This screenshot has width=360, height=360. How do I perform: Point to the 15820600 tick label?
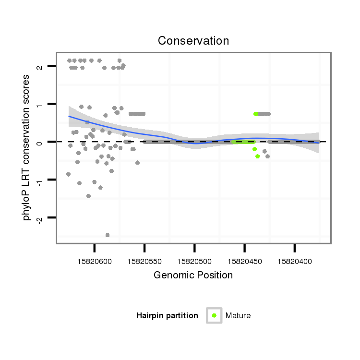click(x=95, y=262)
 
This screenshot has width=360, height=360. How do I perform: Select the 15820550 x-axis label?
click(x=144, y=262)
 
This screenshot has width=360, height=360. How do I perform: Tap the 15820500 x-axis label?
click(x=194, y=262)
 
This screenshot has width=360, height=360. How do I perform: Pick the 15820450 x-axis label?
click(x=244, y=262)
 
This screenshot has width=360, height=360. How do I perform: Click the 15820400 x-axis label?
click(x=294, y=262)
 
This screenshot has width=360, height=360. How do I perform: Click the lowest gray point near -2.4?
click(x=108, y=235)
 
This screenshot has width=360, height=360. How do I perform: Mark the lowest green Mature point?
click(x=258, y=156)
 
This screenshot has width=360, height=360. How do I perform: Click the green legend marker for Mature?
click(x=214, y=315)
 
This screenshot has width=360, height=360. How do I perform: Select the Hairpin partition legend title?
click(x=167, y=316)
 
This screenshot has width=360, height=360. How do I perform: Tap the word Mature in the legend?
click(x=238, y=316)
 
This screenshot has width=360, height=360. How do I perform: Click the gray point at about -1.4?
click(x=88, y=196)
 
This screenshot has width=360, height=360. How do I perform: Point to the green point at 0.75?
click(x=256, y=114)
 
